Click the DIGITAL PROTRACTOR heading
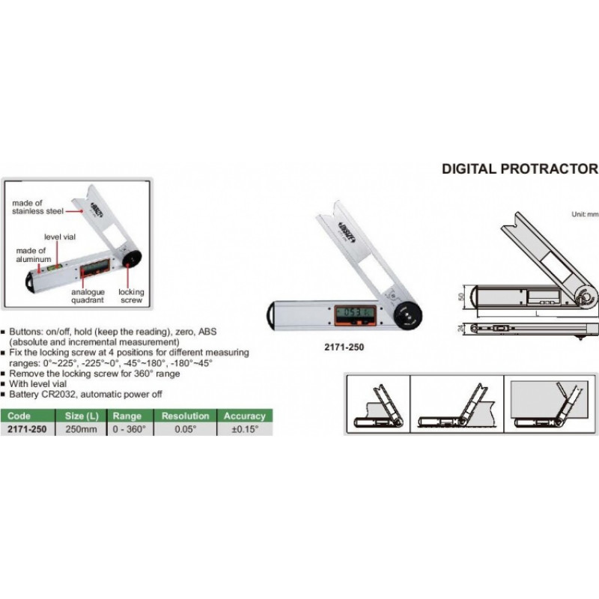click(x=520, y=169)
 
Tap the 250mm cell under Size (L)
click(x=82, y=429)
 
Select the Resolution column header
click(x=185, y=416)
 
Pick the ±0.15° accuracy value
click(x=245, y=429)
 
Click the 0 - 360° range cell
click(x=129, y=429)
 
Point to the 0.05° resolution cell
click(x=185, y=429)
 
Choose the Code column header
click(x=19, y=416)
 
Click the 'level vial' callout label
click(x=60, y=237)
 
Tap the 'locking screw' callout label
click(x=131, y=296)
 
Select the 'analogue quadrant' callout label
click(x=88, y=296)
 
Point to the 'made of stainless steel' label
click(x=37, y=207)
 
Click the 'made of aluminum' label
click(x=33, y=255)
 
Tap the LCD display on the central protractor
click(x=353, y=313)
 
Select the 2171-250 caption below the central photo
click(x=344, y=347)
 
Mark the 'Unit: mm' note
click(x=585, y=215)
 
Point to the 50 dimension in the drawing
click(x=461, y=296)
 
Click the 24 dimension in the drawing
click(x=461, y=329)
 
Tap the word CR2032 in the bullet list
click(x=59, y=395)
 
